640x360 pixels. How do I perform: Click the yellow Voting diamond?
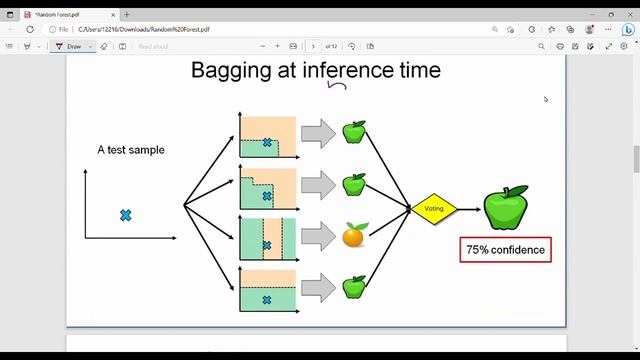(433, 209)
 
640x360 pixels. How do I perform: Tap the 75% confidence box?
(505, 249)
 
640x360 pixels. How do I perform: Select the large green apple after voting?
(505, 207)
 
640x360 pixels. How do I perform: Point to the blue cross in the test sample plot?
(126, 215)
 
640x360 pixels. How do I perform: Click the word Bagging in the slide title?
(233, 70)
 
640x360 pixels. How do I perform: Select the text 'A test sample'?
(131, 150)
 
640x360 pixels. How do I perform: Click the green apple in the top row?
(354, 132)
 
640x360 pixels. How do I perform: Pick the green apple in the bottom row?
(354, 287)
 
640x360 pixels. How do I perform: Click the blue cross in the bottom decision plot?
(266, 300)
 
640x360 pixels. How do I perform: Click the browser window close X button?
(625, 15)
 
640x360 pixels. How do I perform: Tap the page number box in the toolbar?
(313, 46)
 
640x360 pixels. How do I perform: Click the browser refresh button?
(30, 30)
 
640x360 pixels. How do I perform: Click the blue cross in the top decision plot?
(267, 143)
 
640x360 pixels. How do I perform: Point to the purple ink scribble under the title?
(337, 86)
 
